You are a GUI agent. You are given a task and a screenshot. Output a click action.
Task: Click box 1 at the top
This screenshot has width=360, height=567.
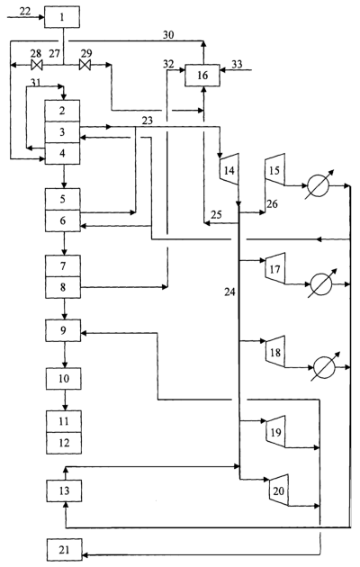tap(62, 17)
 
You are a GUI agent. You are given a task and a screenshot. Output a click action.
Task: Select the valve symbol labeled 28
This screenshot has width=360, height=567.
tap(37, 66)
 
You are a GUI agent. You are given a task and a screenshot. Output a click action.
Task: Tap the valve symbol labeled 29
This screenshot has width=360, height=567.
tap(85, 66)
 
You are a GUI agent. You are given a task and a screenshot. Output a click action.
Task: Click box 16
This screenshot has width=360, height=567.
tap(202, 76)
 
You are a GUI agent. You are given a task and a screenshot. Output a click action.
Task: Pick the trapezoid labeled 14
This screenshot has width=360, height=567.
tap(229, 169)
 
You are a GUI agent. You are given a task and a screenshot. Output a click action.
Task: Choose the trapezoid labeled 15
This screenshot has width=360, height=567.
tap(275, 169)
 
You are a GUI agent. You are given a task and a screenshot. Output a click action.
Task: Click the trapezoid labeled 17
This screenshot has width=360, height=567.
tap(275, 269)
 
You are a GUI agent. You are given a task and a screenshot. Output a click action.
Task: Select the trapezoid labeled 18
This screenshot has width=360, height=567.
tap(275, 352)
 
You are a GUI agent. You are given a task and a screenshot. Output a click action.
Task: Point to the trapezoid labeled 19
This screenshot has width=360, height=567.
tap(275, 432)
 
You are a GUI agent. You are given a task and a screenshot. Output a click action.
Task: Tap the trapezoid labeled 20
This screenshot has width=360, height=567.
tap(279, 490)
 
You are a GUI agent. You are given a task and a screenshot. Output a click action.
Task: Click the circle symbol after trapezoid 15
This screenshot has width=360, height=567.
tap(318, 186)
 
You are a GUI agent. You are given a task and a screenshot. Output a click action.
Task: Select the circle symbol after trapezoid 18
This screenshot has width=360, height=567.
tap(324, 367)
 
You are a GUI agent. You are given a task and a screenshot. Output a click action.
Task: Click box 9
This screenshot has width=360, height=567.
tap(63, 330)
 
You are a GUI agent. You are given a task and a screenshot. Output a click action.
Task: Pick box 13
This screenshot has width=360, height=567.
tap(64, 490)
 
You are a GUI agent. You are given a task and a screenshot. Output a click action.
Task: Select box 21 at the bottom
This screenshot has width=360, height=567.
tap(64, 550)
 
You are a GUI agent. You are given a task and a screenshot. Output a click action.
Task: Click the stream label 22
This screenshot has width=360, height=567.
tap(25, 11)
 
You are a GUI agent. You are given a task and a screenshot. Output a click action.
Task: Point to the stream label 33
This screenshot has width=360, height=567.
tap(237, 65)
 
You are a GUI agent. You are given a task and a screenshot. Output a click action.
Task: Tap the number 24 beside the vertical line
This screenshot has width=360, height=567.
tap(229, 292)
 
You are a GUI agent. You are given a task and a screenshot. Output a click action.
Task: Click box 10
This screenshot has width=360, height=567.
tap(64, 379)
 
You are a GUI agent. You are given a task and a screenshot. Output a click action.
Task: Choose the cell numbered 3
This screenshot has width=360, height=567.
tap(62, 132)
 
